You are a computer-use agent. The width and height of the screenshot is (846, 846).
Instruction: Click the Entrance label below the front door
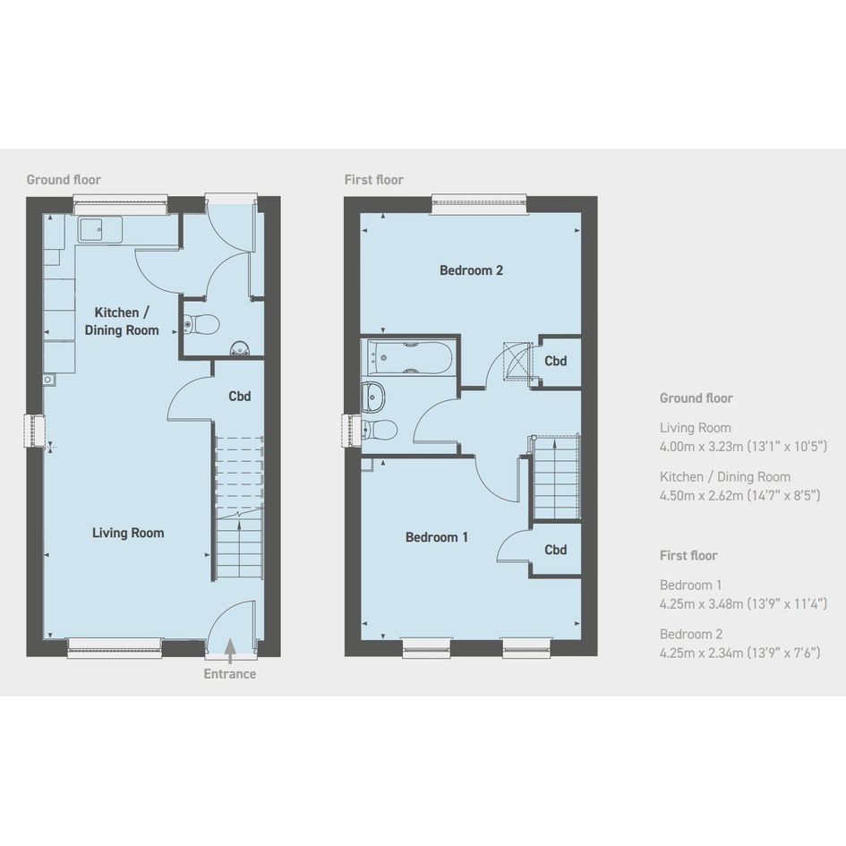[x=229, y=674]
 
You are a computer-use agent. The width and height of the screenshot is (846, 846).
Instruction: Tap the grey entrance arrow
[x=230, y=650]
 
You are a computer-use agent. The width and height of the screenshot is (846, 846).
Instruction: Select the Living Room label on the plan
[x=128, y=533]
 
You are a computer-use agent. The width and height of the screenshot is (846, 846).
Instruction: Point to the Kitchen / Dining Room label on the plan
[x=122, y=321]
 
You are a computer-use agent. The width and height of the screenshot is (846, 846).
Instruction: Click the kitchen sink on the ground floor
[x=99, y=230]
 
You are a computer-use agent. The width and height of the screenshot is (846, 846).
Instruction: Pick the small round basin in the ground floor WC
[x=240, y=349]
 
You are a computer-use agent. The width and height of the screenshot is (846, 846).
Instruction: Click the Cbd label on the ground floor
[x=240, y=396]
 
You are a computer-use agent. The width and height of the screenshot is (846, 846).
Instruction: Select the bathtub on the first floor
[x=410, y=358]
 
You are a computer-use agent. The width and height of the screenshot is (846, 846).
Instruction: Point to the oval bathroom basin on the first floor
[x=372, y=397]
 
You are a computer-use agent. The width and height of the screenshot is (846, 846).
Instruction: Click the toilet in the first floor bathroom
[x=380, y=430]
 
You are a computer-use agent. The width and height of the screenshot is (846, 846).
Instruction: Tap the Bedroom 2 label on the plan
[x=471, y=270]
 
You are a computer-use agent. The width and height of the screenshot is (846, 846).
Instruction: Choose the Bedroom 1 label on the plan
[x=437, y=537]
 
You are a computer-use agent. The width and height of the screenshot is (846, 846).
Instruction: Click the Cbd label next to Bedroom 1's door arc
[x=555, y=550]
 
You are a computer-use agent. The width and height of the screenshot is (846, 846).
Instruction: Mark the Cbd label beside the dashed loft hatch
[x=555, y=361]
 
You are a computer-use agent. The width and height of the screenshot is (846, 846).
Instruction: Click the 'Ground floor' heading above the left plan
[x=64, y=180]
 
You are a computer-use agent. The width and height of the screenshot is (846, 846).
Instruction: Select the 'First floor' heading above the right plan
[x=374, y=180]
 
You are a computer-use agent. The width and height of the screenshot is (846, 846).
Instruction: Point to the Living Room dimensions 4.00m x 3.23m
[x=743, y=446]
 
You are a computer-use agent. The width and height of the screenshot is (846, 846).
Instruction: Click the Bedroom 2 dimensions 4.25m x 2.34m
[x=739, y=653]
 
